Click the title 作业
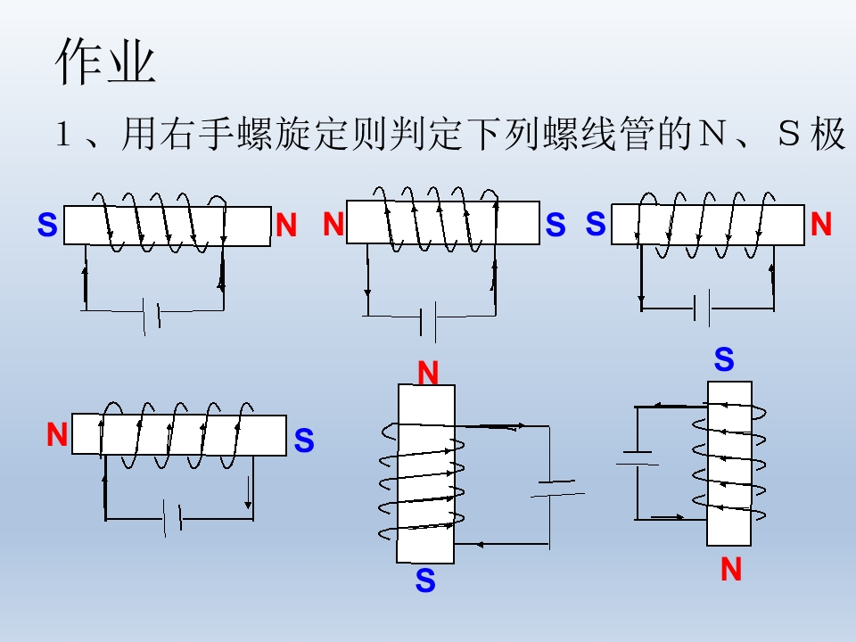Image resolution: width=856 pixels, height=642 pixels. (106, 61)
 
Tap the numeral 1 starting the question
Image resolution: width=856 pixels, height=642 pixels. (63, 134)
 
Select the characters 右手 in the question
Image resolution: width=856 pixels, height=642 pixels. (178, 133)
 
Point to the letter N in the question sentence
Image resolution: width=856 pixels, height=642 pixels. (711, 134)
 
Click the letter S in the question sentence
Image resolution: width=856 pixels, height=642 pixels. (789, 134)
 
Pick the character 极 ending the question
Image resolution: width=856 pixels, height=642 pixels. (827, 133)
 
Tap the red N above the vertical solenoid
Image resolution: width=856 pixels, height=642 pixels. (428, 374)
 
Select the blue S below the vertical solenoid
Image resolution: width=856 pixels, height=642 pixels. (425, 580)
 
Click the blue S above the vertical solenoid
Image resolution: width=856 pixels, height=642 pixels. (724, 359)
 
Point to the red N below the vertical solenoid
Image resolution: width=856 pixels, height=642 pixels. (731, 569)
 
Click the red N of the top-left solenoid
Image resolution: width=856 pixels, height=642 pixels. (286, 225)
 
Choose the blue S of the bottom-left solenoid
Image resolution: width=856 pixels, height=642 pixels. (304, 440)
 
